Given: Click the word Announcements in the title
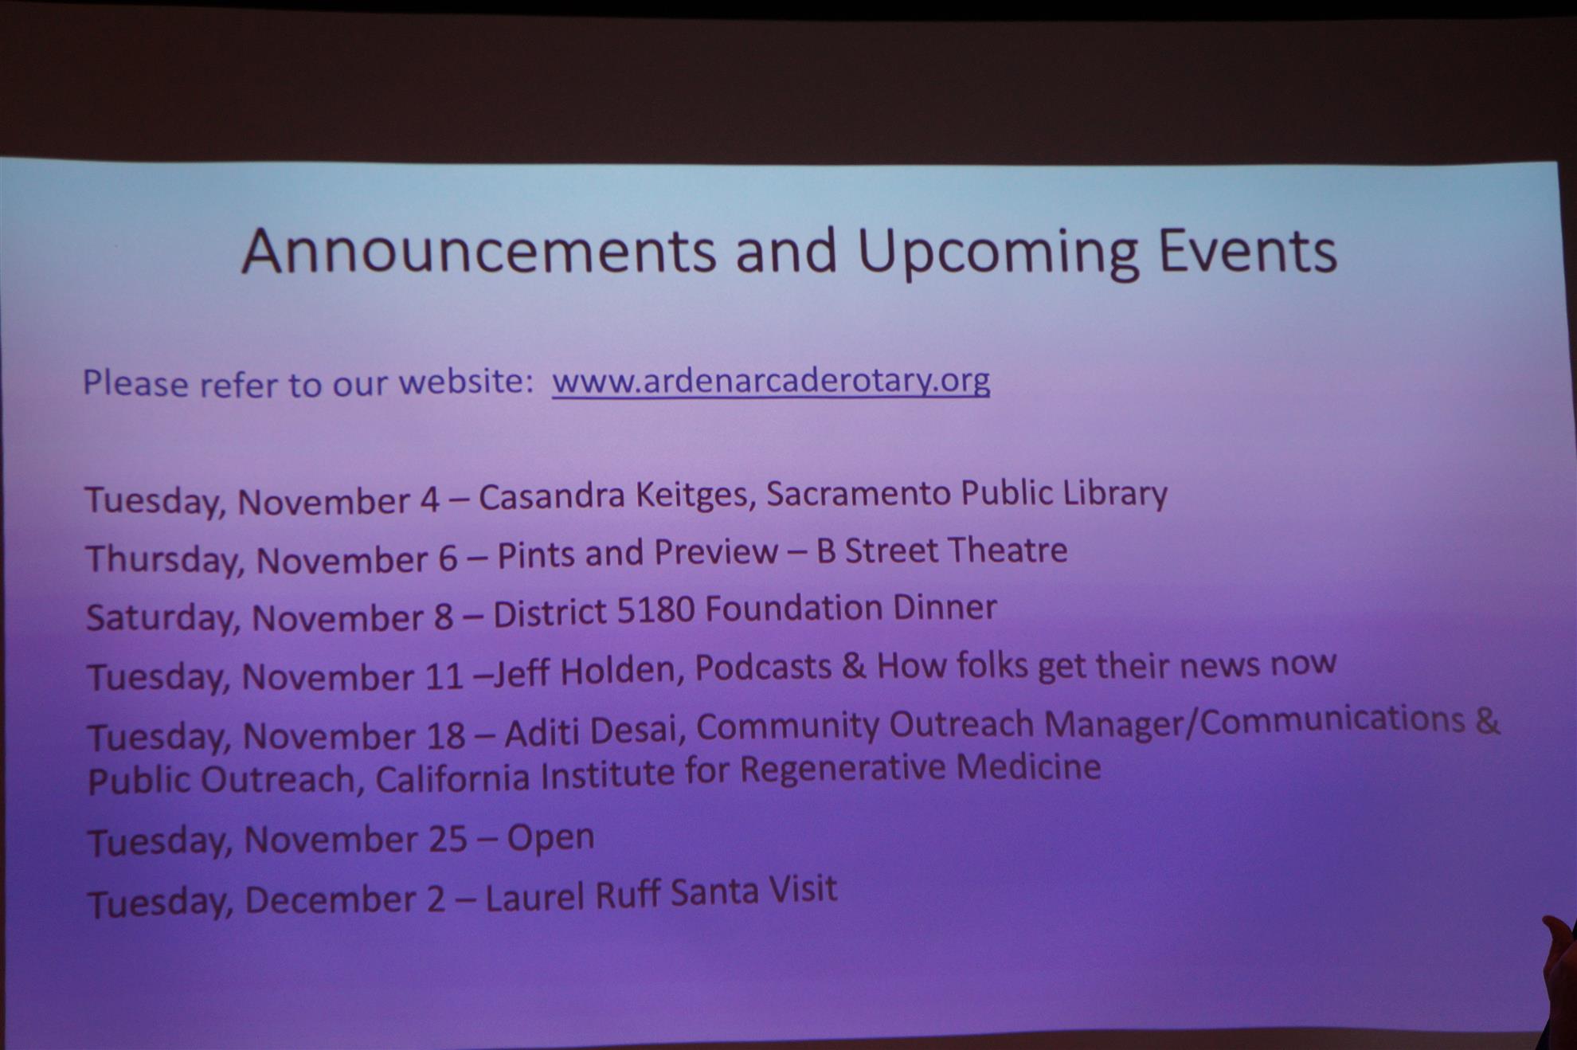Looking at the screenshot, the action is [478, 251].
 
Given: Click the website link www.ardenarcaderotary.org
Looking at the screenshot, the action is [771, 381].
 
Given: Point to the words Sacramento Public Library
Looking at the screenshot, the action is [967, 494].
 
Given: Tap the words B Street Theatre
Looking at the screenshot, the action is [942, 550].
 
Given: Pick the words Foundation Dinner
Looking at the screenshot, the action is [851, 608].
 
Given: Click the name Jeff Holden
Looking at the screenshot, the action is [584, 672].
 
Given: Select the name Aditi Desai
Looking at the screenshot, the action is [590, 731].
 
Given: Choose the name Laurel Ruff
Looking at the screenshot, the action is [573, 896].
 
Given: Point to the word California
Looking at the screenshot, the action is [452, 778].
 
